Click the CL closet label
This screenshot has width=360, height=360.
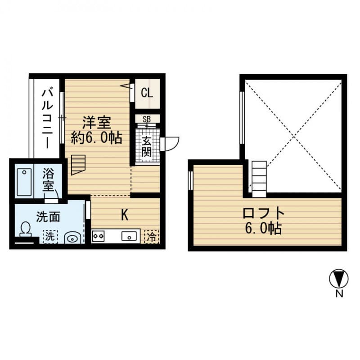pyautogui.click(x=147, y=93)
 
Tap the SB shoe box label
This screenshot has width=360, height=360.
pyautogui.click(x=147, y=119)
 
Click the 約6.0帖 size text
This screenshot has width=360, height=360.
pyautogui.click(x=97, y=137)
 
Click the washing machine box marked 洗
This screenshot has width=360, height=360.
pyautogui.click(x=50, y=236)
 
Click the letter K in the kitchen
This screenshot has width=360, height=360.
pyautogui.click(x=124, y=215)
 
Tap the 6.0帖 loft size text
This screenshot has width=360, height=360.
pyautogui.click(x=264, y=229)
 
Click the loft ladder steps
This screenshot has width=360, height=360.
pyautogui.click(x=259, y=179)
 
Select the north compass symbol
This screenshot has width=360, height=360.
pyautogui.click(x=338, y=279)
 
